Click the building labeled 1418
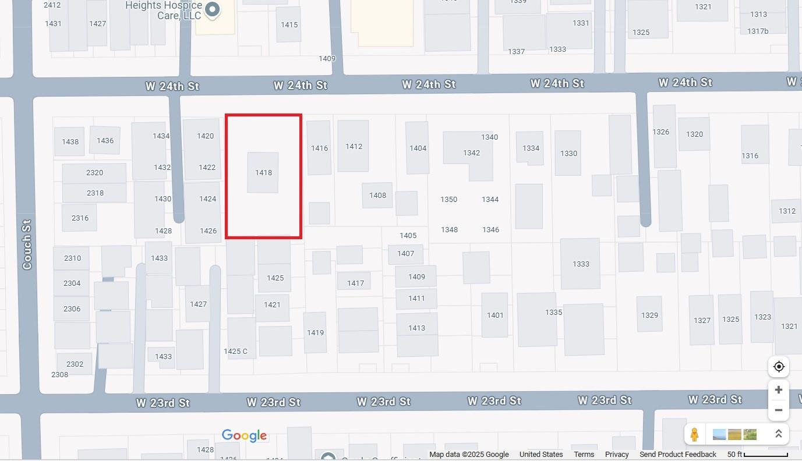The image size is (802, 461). pos(263,172)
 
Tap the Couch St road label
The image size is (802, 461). pos(27,244)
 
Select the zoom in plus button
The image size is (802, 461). pos(778,389)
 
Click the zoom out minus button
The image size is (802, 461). pos(778,410)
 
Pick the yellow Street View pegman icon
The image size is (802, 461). pos(694,434)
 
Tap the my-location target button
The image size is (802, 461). pos(779,367)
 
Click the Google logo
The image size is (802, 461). pos(244,435)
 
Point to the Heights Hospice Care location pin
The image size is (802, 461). pos(213,10)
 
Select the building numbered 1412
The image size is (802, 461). pos(354,146)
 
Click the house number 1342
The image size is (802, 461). pos(471,153)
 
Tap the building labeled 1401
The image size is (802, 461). pos(495,315)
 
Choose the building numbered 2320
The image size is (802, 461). pos(94,173)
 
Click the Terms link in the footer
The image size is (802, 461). pos(584,455)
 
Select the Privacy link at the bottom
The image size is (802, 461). pos(617,455)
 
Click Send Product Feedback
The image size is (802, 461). pos(678,455)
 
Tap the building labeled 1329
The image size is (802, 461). pos(649,315)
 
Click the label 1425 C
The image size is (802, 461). pos(236,351)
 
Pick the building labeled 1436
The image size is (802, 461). pos(105,140)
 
